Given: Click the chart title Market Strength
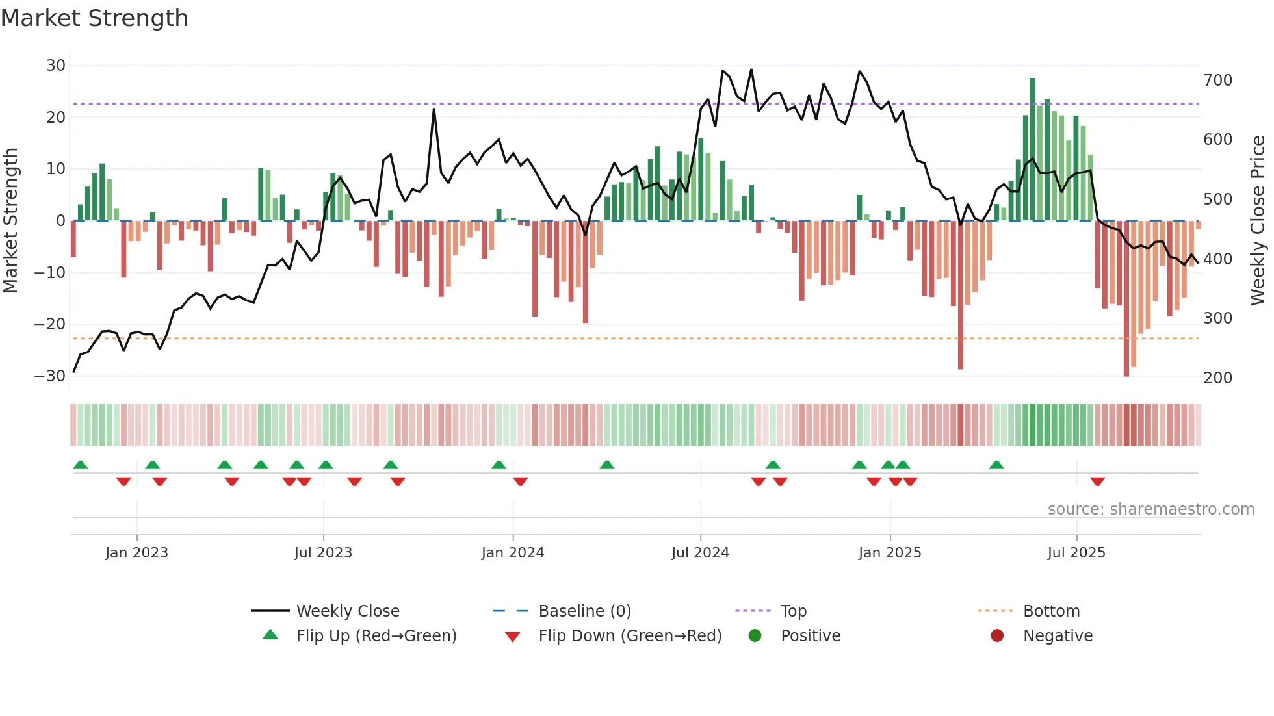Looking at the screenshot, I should click(x=94, y=18).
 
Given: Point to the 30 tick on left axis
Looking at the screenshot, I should click(x=56, y=66).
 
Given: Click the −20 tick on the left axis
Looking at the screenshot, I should click(x=50, y=324).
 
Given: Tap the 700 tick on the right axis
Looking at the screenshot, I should click(x=1217, y=81).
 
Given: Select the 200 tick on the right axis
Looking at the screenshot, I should click(x=1217, y=378).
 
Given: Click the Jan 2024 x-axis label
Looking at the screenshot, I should click(x=512, y=553).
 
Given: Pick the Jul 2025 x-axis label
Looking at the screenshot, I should click(x=1076, y=553).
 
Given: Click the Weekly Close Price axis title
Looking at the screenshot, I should click(x=1258, y=221).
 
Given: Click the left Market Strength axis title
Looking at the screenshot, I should click(x=10, y=221).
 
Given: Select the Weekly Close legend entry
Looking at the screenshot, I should click(x=347, y=611).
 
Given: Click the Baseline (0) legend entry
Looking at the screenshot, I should click(x=584, y=611).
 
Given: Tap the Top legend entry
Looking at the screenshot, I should click(x=793, y=611).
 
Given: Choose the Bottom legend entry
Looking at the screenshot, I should click(x=1051, y=611).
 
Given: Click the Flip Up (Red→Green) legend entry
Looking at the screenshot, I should click(x=376, y=636).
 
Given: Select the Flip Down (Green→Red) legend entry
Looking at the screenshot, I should click(x=629, y=636).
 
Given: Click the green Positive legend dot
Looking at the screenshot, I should click(x=755, y=636).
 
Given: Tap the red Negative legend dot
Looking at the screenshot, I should click(x=997, y=636).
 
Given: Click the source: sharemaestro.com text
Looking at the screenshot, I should click(x=1150, y=509).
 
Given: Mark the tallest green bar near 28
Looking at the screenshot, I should click(x=1032, y=149).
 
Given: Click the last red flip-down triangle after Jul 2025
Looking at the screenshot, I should click(x=1097, y=481).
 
